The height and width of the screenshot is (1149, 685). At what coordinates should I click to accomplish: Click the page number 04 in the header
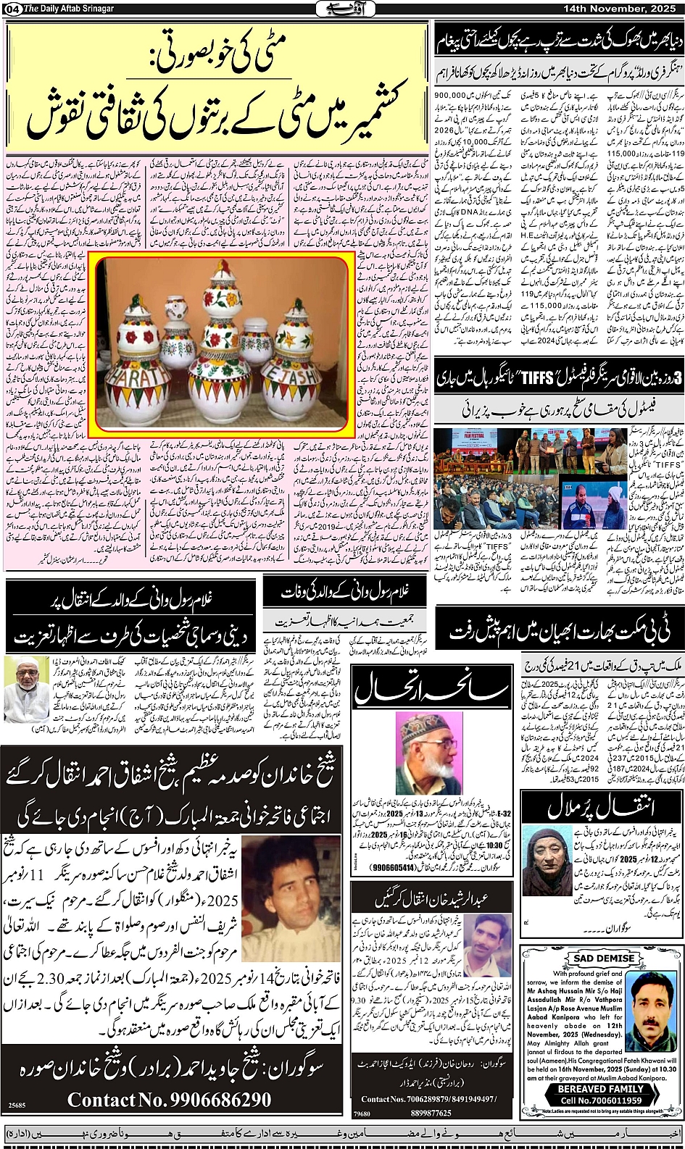(x=12, y=9)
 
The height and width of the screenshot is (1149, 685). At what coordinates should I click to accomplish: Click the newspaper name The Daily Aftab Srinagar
(x=71, y=9)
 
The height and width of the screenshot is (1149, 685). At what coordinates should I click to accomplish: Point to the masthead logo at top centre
(x=342, y=9)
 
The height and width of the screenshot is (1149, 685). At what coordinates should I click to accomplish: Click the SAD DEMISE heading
(x=604, y=958)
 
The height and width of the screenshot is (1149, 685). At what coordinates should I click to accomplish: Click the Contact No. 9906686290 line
(x=170, y=1100)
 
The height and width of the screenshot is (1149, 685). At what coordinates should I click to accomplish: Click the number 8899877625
(x=431, y=1113)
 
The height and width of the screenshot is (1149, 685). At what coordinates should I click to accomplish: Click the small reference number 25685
(x=17, y=1105)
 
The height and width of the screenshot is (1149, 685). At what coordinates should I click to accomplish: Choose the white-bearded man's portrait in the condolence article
(x=26, y=690)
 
